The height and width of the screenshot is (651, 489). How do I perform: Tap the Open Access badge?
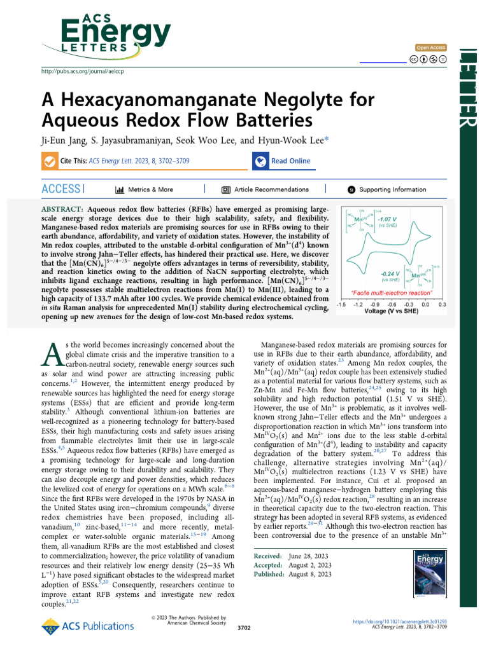[430, 48]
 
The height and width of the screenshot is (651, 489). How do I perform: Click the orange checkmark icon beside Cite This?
[49, 161]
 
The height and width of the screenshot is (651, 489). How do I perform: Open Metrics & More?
[145, 189]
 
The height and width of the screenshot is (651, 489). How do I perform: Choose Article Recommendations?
[265, 189]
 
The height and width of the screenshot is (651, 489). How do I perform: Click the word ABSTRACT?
[61, 209]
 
